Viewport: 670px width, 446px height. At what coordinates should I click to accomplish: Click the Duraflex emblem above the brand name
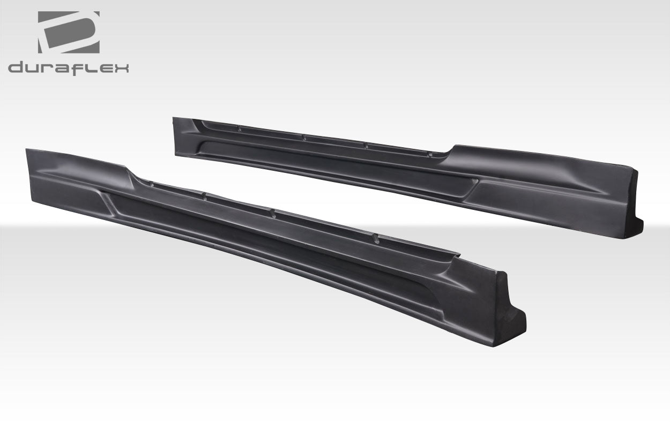68,32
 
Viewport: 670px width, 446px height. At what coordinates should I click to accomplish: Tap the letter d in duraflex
17,68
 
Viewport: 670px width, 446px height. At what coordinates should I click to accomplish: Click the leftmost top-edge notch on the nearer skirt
152,185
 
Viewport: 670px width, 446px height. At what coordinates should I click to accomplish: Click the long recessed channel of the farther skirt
332,163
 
